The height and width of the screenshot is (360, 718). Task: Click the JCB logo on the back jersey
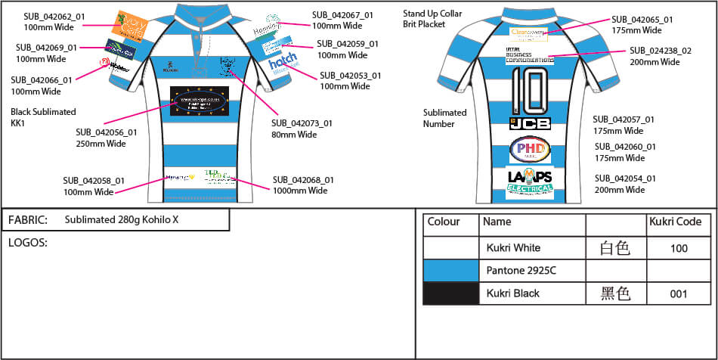529,122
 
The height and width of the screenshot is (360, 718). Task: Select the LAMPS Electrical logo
530,180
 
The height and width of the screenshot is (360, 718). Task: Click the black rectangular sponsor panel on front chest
199,102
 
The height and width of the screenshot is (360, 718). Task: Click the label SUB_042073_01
302,123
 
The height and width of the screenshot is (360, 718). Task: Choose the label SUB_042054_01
624,178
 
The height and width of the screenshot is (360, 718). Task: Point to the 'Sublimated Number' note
444,118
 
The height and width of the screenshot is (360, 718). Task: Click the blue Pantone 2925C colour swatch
450,270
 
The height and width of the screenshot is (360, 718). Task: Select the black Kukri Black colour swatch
450,293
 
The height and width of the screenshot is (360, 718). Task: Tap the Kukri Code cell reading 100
679,248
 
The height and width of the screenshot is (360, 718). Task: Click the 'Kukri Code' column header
675,222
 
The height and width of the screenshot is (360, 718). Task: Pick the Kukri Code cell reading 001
679,293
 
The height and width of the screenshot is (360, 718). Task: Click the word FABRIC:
28,221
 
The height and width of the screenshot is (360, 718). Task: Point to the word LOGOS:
28,243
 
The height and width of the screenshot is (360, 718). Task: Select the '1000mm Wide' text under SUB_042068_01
300,191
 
